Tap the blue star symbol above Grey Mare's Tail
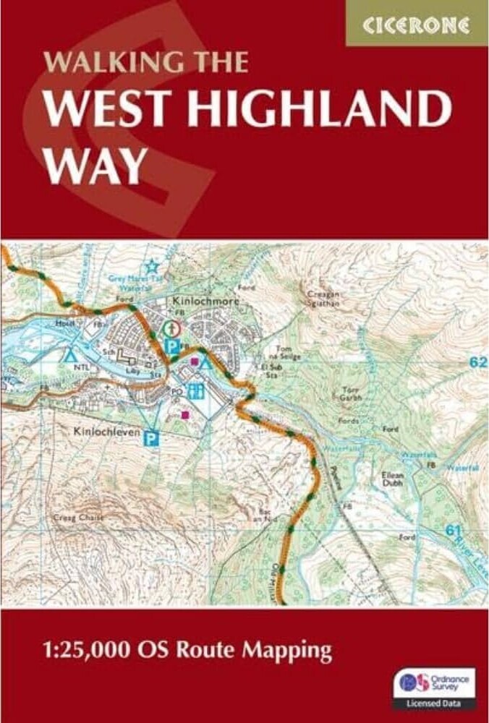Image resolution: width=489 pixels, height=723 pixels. (152, 265)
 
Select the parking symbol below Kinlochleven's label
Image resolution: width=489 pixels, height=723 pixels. (152, 437)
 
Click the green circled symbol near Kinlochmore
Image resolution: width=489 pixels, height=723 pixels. (172, 328)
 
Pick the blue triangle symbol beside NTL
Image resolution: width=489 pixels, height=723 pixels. (70, 355)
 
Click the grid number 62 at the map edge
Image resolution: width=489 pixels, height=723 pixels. (477, 361)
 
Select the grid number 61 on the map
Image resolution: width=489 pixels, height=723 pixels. (454, 531)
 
